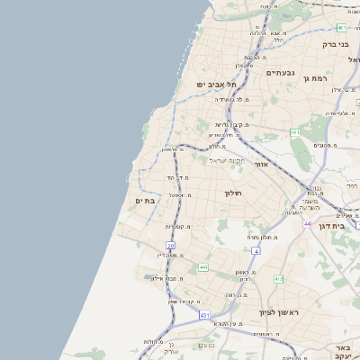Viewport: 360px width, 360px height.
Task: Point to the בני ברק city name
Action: [x=336, y=43]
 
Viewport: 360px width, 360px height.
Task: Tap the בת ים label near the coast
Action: [x=146, y=200]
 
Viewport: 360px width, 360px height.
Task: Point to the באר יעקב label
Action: [x=342, y=352]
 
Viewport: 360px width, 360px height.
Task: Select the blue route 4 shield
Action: [x=256, y=251]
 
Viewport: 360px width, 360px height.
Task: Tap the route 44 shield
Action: [x=307, y=223]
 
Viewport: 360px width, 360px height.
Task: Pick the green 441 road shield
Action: [x=203, y=267]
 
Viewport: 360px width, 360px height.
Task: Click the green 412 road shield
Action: [x=279, y=279]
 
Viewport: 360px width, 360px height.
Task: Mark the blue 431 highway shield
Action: [x=205, y=316]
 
